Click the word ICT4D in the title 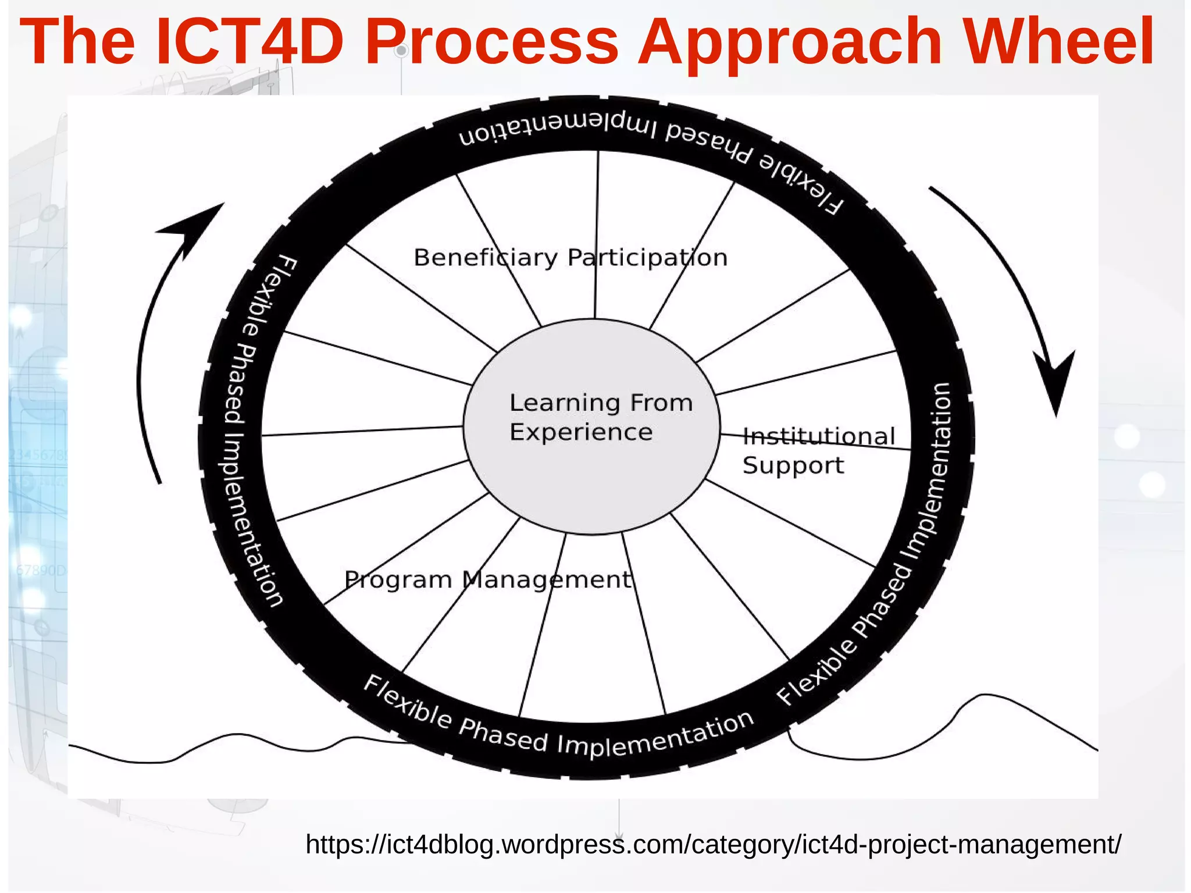[250, 42]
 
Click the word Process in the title [491, 42]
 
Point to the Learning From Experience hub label [600, 417]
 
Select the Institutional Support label [818, 451]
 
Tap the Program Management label [487, 579]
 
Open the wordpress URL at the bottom [713, 844]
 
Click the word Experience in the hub [580, 432]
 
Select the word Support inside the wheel [793, 465]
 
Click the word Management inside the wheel [547, 579]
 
